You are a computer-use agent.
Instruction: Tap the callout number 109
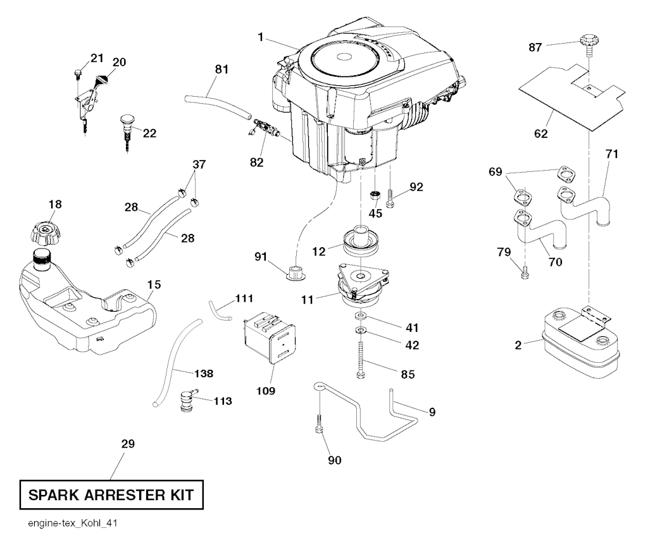coord(266,391)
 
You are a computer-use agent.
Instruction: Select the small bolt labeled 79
coord(525,274)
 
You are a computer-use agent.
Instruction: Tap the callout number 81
coord(220,70)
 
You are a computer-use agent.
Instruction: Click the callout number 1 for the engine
coord(260,37)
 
